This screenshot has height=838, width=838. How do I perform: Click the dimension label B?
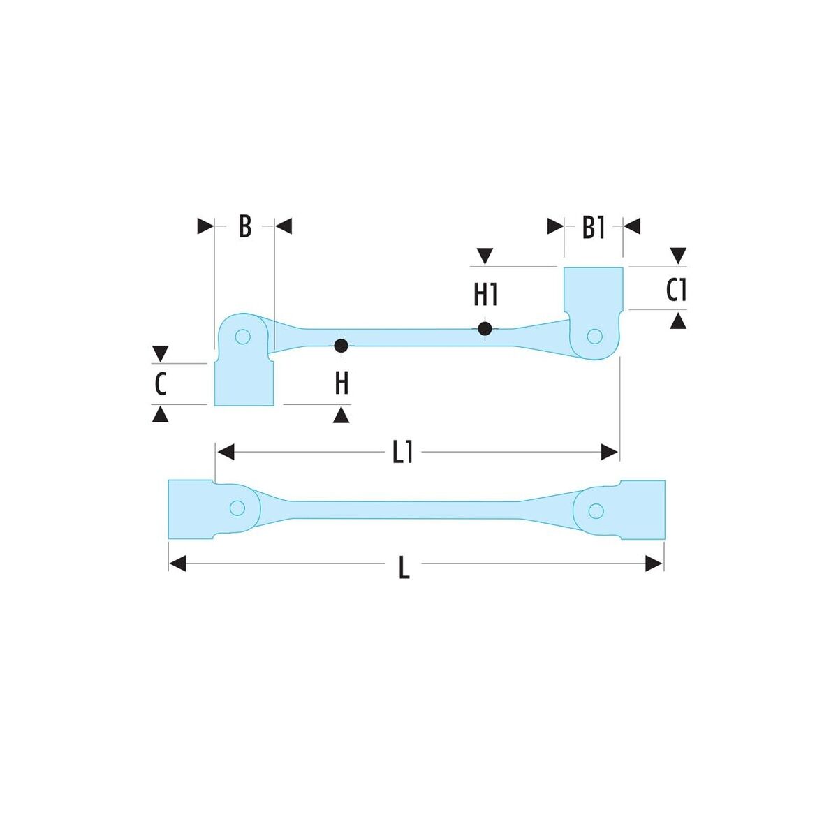[245, 226]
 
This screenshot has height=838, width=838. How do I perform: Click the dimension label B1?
[593, 228]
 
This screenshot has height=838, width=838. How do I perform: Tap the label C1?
[676, 291]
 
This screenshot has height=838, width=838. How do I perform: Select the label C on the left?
[161, 384]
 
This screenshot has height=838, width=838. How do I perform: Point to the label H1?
[485, 295]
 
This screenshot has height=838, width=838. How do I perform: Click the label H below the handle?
[341, 384]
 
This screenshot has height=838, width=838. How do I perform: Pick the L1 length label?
[402, 453]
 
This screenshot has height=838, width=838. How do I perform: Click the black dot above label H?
[341, 346]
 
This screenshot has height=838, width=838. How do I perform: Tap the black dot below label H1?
[485, 328]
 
